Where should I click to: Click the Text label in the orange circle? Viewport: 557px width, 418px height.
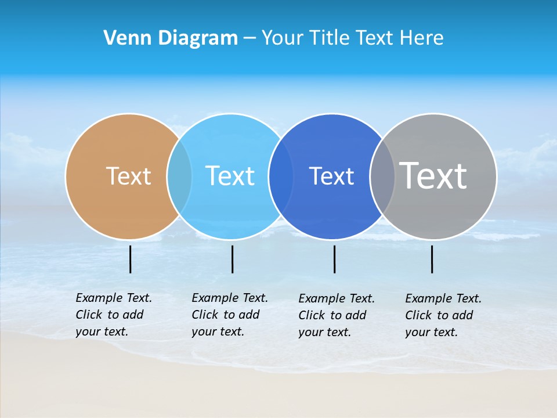coord(128,176)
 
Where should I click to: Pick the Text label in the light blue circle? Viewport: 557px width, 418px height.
coord(230,176)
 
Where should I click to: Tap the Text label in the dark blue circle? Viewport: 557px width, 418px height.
coord(331,176)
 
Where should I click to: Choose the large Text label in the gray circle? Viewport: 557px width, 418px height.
coord(433,175)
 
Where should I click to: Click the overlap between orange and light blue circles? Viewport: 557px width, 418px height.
coord(179,176)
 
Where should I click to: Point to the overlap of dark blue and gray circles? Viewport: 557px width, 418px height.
coord(382,176)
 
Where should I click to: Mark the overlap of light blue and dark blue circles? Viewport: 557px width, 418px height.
coord(280,176)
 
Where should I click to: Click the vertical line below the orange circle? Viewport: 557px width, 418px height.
coord(131,259)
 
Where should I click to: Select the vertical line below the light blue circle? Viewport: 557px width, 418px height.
coord(232,259)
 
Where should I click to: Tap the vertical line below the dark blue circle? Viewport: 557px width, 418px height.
coord(335,259)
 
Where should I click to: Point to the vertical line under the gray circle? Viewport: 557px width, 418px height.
coord(432,259)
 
